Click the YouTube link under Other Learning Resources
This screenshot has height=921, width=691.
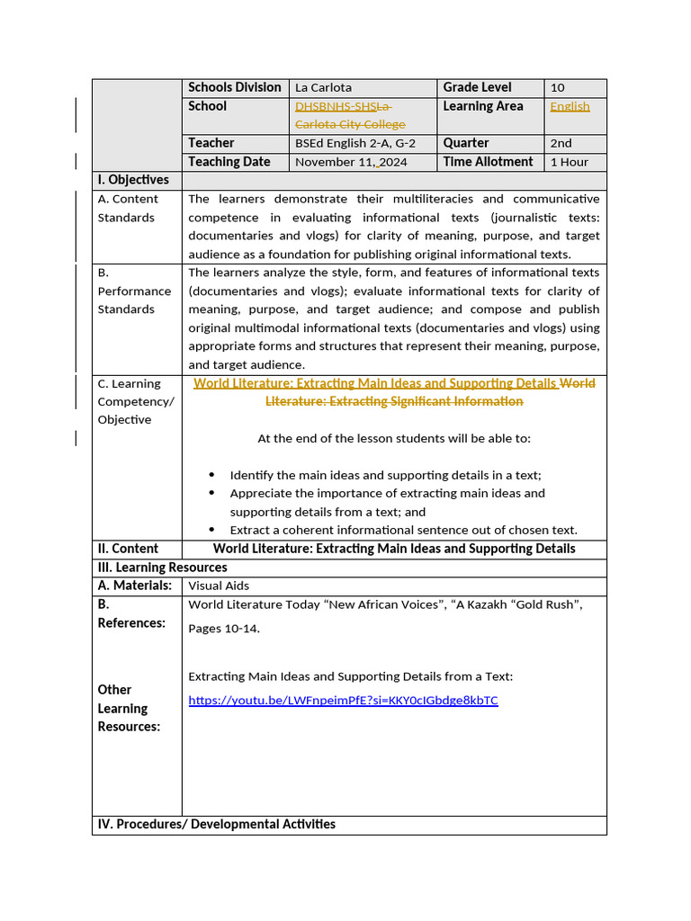click(343, 700)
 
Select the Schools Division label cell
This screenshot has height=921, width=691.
click(234, 87)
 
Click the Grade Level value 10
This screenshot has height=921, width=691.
click(558, 88)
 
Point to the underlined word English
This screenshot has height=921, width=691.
click(570, 106)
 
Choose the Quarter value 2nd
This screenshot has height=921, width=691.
click(561, 143)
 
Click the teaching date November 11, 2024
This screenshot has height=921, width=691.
click(351, 163)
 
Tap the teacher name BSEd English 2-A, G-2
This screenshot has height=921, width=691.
click(355, 143)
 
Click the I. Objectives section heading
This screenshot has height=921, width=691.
click(133, 180)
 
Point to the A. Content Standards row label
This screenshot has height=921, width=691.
click(128, 208)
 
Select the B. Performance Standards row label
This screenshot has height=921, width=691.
click(134, 291)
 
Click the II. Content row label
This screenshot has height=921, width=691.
click(128, 549)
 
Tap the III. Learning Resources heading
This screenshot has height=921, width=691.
click(162, 568)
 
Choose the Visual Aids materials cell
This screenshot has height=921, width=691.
click(219, 586)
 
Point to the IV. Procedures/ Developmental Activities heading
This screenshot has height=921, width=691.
click(216, 824)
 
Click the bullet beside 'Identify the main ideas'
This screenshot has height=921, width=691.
click(211, 475)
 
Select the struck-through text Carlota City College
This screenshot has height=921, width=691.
click(350, 124)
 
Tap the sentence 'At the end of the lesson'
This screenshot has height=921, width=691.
click(394, 439)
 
